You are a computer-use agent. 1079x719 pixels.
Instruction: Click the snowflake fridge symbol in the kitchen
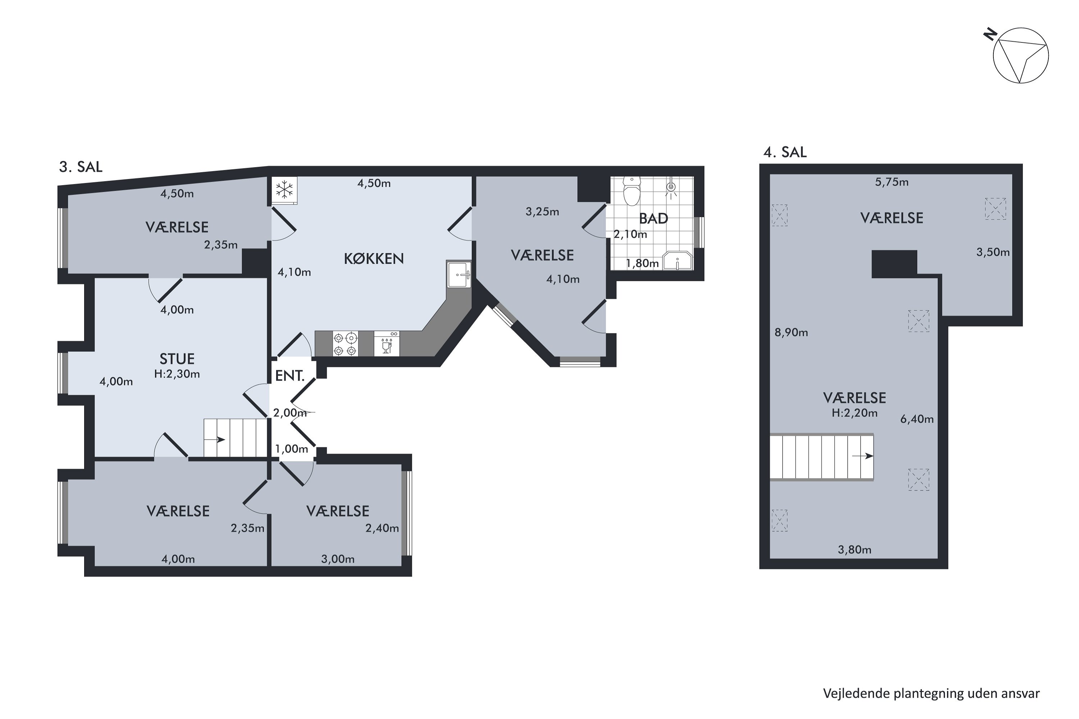(x=284, y=189)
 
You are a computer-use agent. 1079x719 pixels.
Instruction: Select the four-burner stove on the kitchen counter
(x=345, y=344)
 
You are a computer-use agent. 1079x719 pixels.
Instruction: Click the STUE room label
(x=177, y=358)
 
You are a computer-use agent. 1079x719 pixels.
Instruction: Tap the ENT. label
(x=290, y=376)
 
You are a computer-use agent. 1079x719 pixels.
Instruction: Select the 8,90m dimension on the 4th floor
(x=791, y=333)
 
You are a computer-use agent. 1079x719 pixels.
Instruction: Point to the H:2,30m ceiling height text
(x=177, y=374)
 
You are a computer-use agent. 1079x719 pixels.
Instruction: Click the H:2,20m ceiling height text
(x=855, y=413)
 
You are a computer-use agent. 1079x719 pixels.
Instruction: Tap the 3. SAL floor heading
(x=81, y=167)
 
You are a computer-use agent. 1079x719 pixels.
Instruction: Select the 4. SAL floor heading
(x=785, y=152)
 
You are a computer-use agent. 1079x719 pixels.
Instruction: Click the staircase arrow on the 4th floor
(x=862, y=456)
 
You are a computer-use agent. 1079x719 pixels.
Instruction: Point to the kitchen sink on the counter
(x=459, y=274)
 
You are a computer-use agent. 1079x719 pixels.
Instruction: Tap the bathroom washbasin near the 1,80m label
(x=678, y=261)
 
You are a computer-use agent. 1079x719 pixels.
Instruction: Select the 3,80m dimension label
(x=855, y=550)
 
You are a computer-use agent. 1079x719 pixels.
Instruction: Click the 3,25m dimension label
(x=542, y=212)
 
